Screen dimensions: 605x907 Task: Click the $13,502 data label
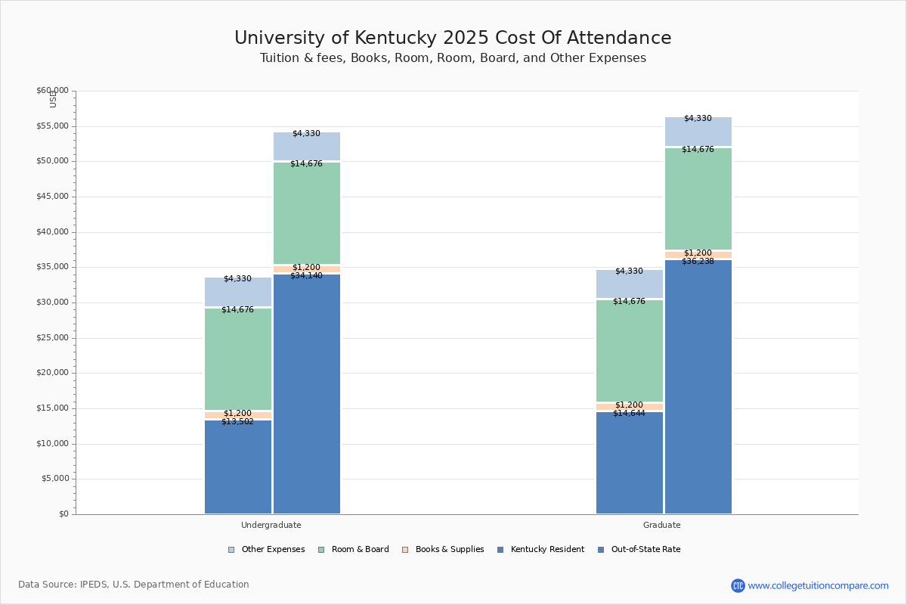coord(237,422)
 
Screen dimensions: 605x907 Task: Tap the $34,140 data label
coord(306,276)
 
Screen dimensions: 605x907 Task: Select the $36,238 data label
coord(698,262)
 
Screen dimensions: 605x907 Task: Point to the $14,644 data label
coord(629,414)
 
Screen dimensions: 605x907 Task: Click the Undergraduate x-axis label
coord(271,525)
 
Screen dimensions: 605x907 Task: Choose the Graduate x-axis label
coord(661,525)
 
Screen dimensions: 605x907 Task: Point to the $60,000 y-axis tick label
coord(52,91)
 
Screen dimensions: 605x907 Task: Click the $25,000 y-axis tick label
coord(52,338)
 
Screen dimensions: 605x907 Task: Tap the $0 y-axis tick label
coord(63,514)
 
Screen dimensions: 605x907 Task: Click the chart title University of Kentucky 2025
coord(453,39)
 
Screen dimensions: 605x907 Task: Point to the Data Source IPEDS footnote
coord(134,585)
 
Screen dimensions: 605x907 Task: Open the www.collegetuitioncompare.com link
coord(818,585)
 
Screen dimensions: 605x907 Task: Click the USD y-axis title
coord(53,99)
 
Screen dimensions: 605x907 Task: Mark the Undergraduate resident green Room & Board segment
coord(237,359)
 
